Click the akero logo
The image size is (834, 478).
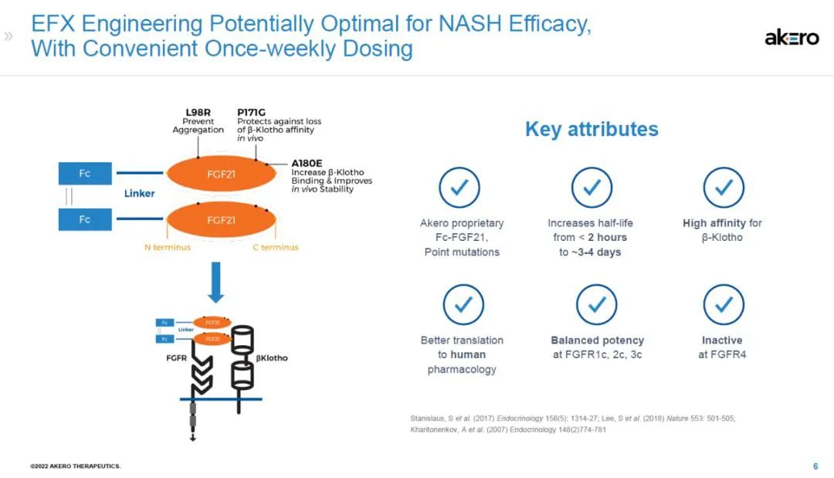pos(792,38)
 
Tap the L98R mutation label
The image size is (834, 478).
pos(198,112)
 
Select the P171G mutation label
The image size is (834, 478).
pos(251,112)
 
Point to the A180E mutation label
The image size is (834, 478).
pos(307,163)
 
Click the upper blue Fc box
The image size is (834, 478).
pos(85,173)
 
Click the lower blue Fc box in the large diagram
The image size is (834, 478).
pos(85,219)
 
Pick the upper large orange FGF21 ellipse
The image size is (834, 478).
pos(222,174)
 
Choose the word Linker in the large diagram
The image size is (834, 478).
pos(139,194)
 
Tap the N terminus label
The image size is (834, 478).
pos(167,247)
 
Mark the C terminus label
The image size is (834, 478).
pos(276,247)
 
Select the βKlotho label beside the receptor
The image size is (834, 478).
pos(272,358)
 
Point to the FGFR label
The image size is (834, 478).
pos(177,358)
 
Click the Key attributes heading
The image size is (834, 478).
pos(592,129)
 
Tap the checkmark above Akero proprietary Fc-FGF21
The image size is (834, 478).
pos(459,188)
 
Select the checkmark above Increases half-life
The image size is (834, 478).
pos(592,188)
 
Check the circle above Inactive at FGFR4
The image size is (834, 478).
pos(724,305)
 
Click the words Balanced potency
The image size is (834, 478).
pos(597,341)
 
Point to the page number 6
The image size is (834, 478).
pos(815,466)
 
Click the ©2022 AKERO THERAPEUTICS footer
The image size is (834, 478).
pos(76,466)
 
